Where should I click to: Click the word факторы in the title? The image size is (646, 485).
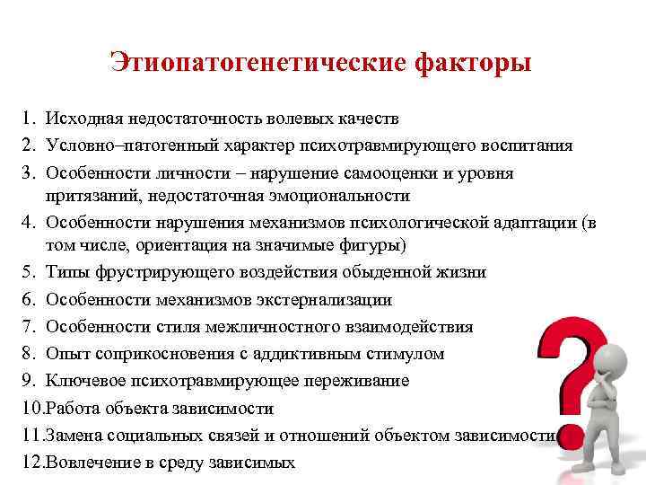[x=472, y=64]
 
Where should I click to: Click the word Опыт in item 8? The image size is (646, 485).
[x=66, y=354]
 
